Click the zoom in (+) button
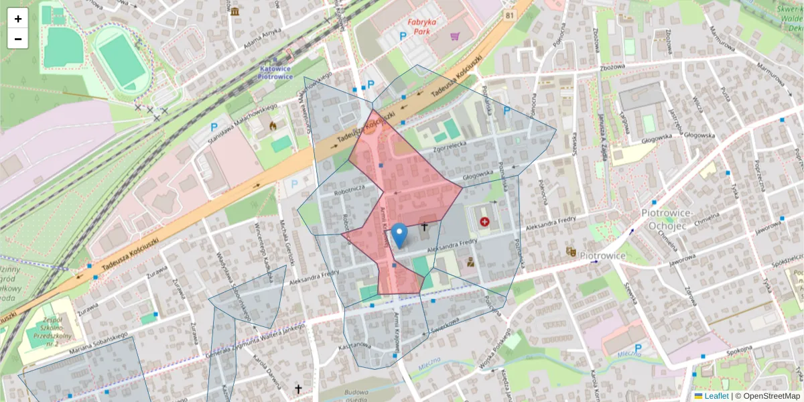coord(18,19)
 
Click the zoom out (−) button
coord(18,39)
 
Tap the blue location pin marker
coord(399,235)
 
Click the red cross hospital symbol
coord(484,221)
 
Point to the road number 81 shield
coord(511,15)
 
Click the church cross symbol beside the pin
coord(423,227)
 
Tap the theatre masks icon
coord(571,251)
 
